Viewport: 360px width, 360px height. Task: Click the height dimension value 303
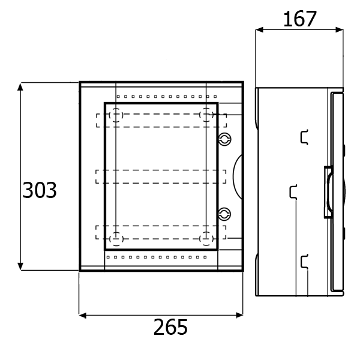(x=40, y=190)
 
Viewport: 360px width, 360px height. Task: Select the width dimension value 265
(x=170, y=327)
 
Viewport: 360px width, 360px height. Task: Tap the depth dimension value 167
(x=300, y=19)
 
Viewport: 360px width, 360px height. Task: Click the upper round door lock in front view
(x=224, y=139)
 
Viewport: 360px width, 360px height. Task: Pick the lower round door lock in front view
(x=224, y=214)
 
